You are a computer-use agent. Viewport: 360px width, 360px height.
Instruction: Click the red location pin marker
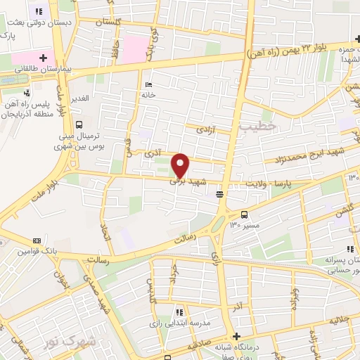coord(181,166)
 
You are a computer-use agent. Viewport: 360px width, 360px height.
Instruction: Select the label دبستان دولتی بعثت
coord(30,23)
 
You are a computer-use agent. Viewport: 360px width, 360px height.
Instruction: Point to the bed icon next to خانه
coord(148,84)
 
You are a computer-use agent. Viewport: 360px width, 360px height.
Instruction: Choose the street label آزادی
coord(204,131)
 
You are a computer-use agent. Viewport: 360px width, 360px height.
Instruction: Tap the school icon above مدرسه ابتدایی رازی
coord(179,312)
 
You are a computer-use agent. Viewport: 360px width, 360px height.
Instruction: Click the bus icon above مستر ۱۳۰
coord(244,214)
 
